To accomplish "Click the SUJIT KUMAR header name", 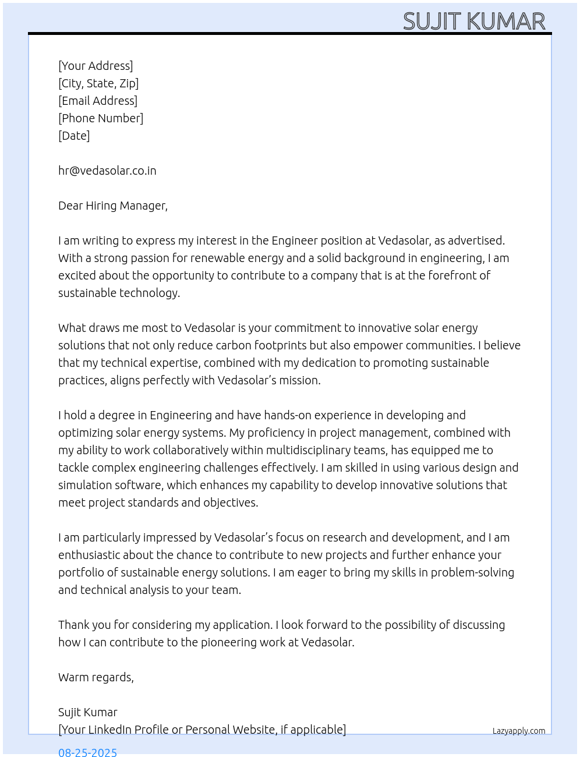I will click(x=474, y=22).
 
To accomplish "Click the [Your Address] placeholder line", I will click(x=96, y=66).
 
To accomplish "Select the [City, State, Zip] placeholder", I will click(x=98, y=83).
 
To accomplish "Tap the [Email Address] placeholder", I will click(x=98, y=101).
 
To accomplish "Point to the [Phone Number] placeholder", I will click(x=101, y=118).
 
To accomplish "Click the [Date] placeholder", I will click(x=74, y=136).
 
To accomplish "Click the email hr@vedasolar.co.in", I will click(x=107, y=171).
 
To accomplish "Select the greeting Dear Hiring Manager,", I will click(x=113, y=206).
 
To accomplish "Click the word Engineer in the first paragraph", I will click(x=295, y=240).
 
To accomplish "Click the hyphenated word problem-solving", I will click(x=472, y=572).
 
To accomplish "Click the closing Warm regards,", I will click(x=96, y=677).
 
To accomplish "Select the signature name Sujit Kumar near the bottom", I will click(x=88, y=712).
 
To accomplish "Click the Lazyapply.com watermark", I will click(x=519, y=731).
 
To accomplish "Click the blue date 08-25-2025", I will click(x=88, y=752).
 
